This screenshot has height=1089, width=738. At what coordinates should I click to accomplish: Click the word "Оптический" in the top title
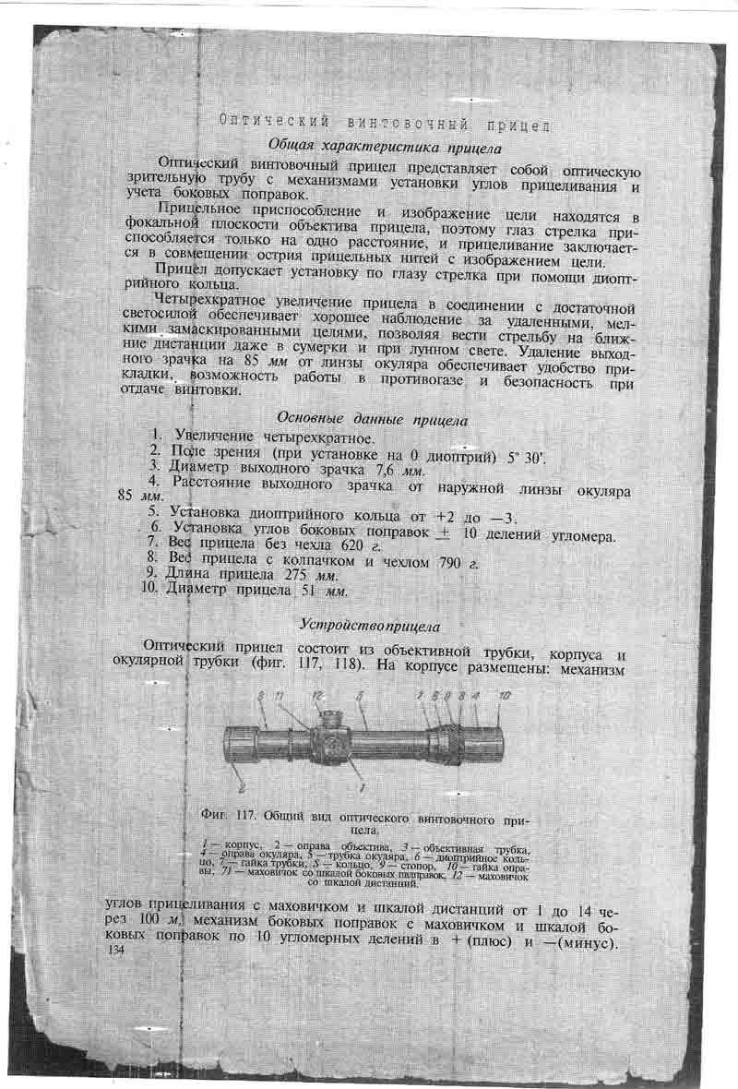(264, 122)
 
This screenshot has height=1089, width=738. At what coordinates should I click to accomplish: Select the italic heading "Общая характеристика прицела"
(384, 146)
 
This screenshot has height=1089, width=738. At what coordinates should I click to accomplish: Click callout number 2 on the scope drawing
(242, 786)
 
